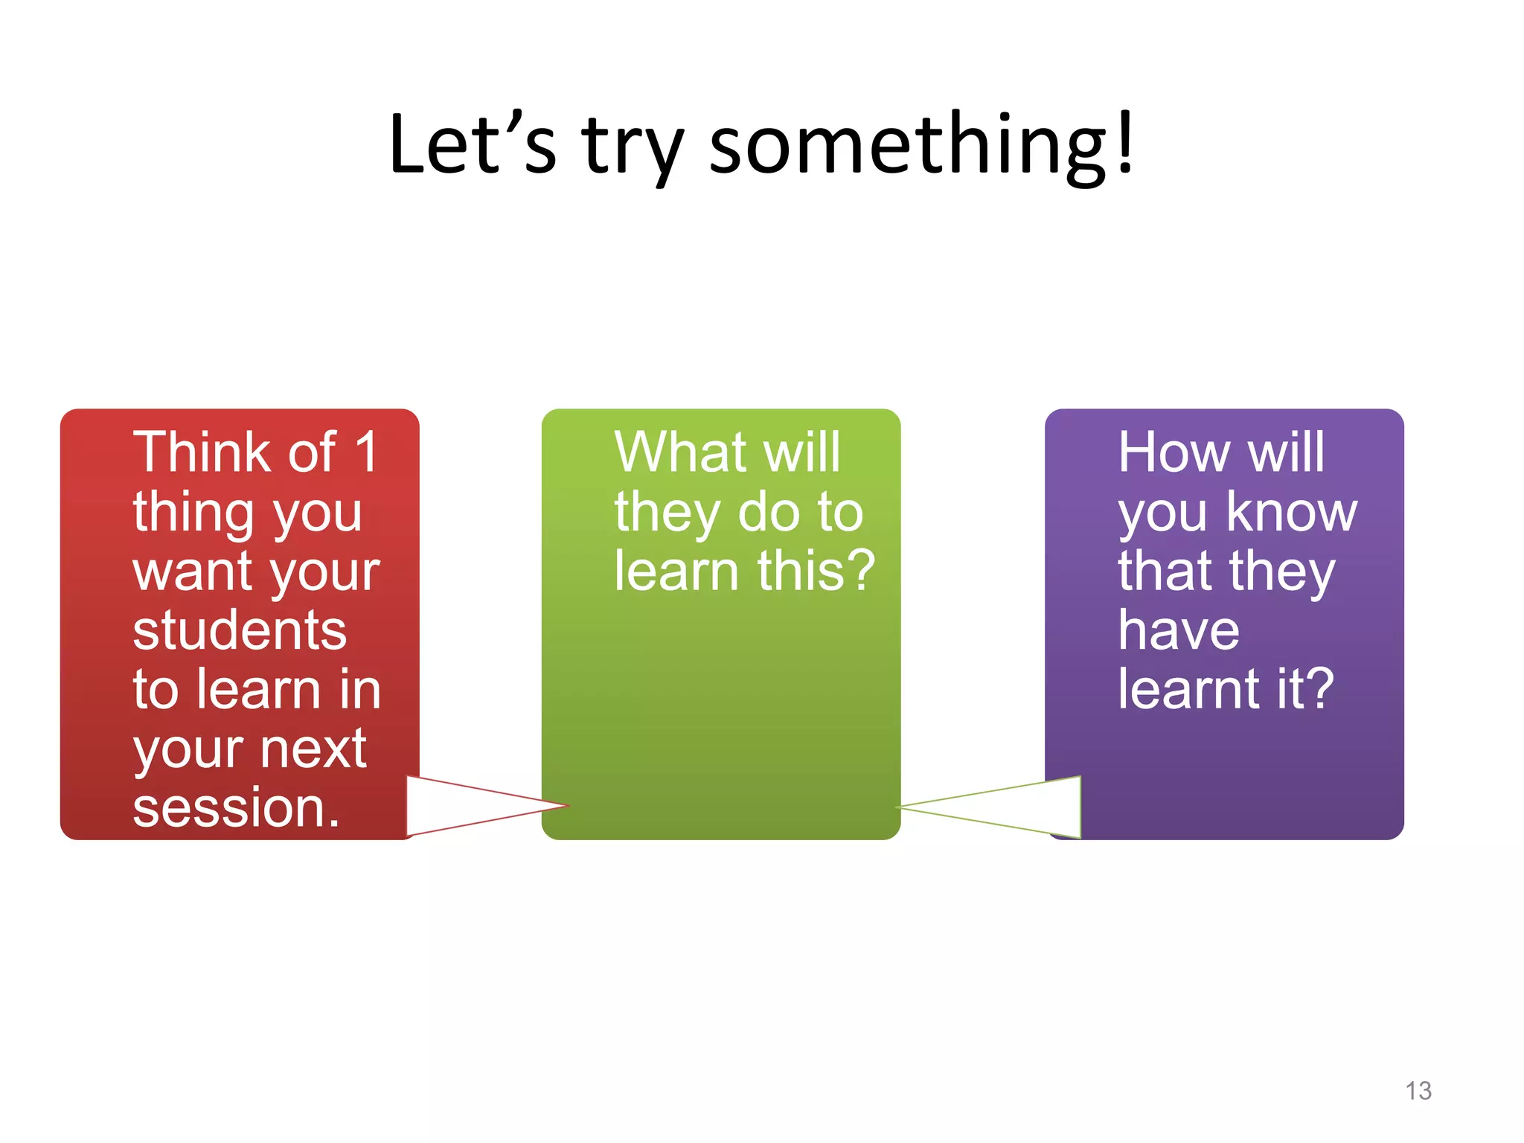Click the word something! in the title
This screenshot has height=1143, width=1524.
tap(921, 145)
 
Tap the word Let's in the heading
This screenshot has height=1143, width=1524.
tap(472, 145)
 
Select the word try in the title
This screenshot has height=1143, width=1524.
tap(633, 149)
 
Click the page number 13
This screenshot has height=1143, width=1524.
tap(1418, 1091)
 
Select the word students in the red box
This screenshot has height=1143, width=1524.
tap(240, 630)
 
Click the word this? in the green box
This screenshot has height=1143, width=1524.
tap(816, 571)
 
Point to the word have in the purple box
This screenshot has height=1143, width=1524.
tap(1179, 630)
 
